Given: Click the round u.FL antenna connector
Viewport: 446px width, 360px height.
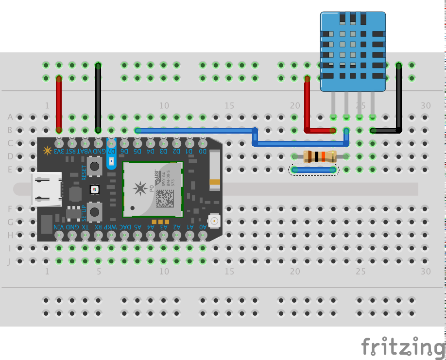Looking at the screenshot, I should pyautogui.click(x=212, y=221).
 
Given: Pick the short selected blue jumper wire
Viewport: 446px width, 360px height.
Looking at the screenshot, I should pyautogui.click(x=314, y=170).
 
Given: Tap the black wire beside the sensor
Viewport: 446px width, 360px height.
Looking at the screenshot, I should pyautogui.click(x=399, y=97).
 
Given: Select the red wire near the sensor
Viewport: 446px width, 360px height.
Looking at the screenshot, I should pyautogui.click(x=307, y=104).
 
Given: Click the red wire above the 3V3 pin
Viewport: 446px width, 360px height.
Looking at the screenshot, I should pyautogui.click(x=59, y=103).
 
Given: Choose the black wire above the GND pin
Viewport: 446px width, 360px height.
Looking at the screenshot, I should pyautogui.click(x=98, y=97).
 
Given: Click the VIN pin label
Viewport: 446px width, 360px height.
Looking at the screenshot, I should pyautogui.click(x=58, y=227).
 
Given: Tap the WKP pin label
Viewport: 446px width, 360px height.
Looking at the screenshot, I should pyautogui.click(x=111, y=227).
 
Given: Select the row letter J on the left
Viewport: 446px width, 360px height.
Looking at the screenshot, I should pyautogui.click(x=9, y=261).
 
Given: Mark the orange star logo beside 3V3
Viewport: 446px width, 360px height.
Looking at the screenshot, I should pyautogui.click(x=47, y=151).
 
